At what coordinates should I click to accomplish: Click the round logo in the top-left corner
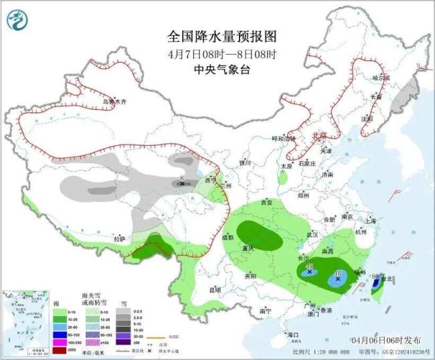pos(16,19)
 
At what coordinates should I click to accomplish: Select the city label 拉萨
pos(119,239)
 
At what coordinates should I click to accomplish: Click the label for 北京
pos(320,136)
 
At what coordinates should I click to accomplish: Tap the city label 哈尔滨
pos(381,78)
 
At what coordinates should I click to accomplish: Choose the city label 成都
pos(228,238)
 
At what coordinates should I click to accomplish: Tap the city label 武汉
pos(312,235)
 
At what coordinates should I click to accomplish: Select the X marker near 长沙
pos(309,272)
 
